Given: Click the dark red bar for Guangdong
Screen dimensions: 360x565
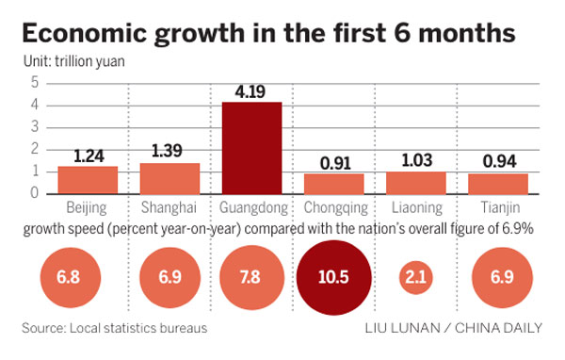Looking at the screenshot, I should point(251,147).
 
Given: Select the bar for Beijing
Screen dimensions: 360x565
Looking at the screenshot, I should point(88,180).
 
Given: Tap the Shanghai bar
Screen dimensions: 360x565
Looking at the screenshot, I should point(169,178).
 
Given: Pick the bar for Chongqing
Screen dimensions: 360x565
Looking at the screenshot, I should point(334,183).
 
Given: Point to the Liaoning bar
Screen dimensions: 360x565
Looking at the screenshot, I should point(416,182).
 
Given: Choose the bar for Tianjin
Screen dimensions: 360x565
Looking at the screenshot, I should point(498,183).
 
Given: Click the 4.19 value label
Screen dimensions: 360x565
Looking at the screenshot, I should point(251,91).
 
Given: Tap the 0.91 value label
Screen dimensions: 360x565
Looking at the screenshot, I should point(334,162).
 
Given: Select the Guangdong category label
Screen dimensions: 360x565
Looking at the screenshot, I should point(251,207).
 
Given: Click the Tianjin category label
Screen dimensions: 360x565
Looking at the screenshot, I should point(498,207).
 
